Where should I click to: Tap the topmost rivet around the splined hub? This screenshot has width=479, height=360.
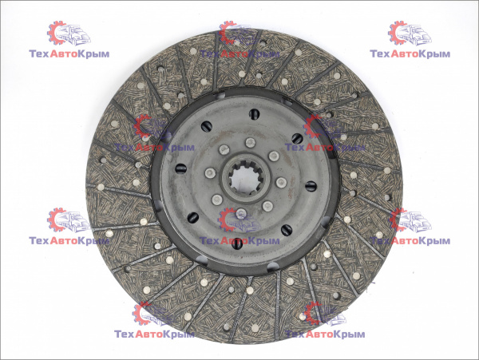click(250, 142)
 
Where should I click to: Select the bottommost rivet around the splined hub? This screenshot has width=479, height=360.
click(241, 213)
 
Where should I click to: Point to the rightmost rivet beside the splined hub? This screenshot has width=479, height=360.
click(281, 182)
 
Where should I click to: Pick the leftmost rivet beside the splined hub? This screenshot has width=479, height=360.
click(210, 173)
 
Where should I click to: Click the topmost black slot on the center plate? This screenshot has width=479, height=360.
click(254, 114)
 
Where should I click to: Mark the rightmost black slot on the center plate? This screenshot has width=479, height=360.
click(311, 186)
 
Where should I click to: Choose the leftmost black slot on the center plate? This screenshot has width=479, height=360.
click(180, 168)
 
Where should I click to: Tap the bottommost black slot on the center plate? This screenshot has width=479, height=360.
click(237, 243)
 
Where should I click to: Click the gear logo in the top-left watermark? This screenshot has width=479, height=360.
click(57, 33)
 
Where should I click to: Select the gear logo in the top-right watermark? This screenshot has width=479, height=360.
click(398, 33)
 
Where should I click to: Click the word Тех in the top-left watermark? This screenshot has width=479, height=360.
click(39, 54)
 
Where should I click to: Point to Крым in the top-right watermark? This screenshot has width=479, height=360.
click(434, 54)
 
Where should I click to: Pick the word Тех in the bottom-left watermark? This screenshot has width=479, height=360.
click(125, 334)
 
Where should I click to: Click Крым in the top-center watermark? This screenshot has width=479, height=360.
click(263, 54)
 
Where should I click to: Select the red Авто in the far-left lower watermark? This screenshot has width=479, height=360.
click(63, 241)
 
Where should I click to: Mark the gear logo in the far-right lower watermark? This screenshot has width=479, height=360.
click(398, 220)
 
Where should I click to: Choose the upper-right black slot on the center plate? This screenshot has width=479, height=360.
click(297, 138)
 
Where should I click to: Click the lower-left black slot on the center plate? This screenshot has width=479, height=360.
click(192, 218)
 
